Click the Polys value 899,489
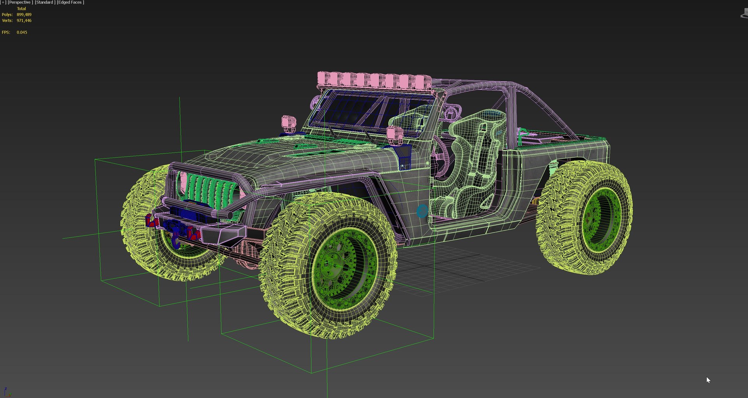pos(24,14)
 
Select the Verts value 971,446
pos(24,20)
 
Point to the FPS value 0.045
pos(22,32)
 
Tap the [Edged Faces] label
pos(70,2)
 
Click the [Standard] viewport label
pos(45,2)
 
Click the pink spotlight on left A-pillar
pos(289,122)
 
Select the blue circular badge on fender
pos(422,211)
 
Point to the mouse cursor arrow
pos(708,380)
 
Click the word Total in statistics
pos(21,9)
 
